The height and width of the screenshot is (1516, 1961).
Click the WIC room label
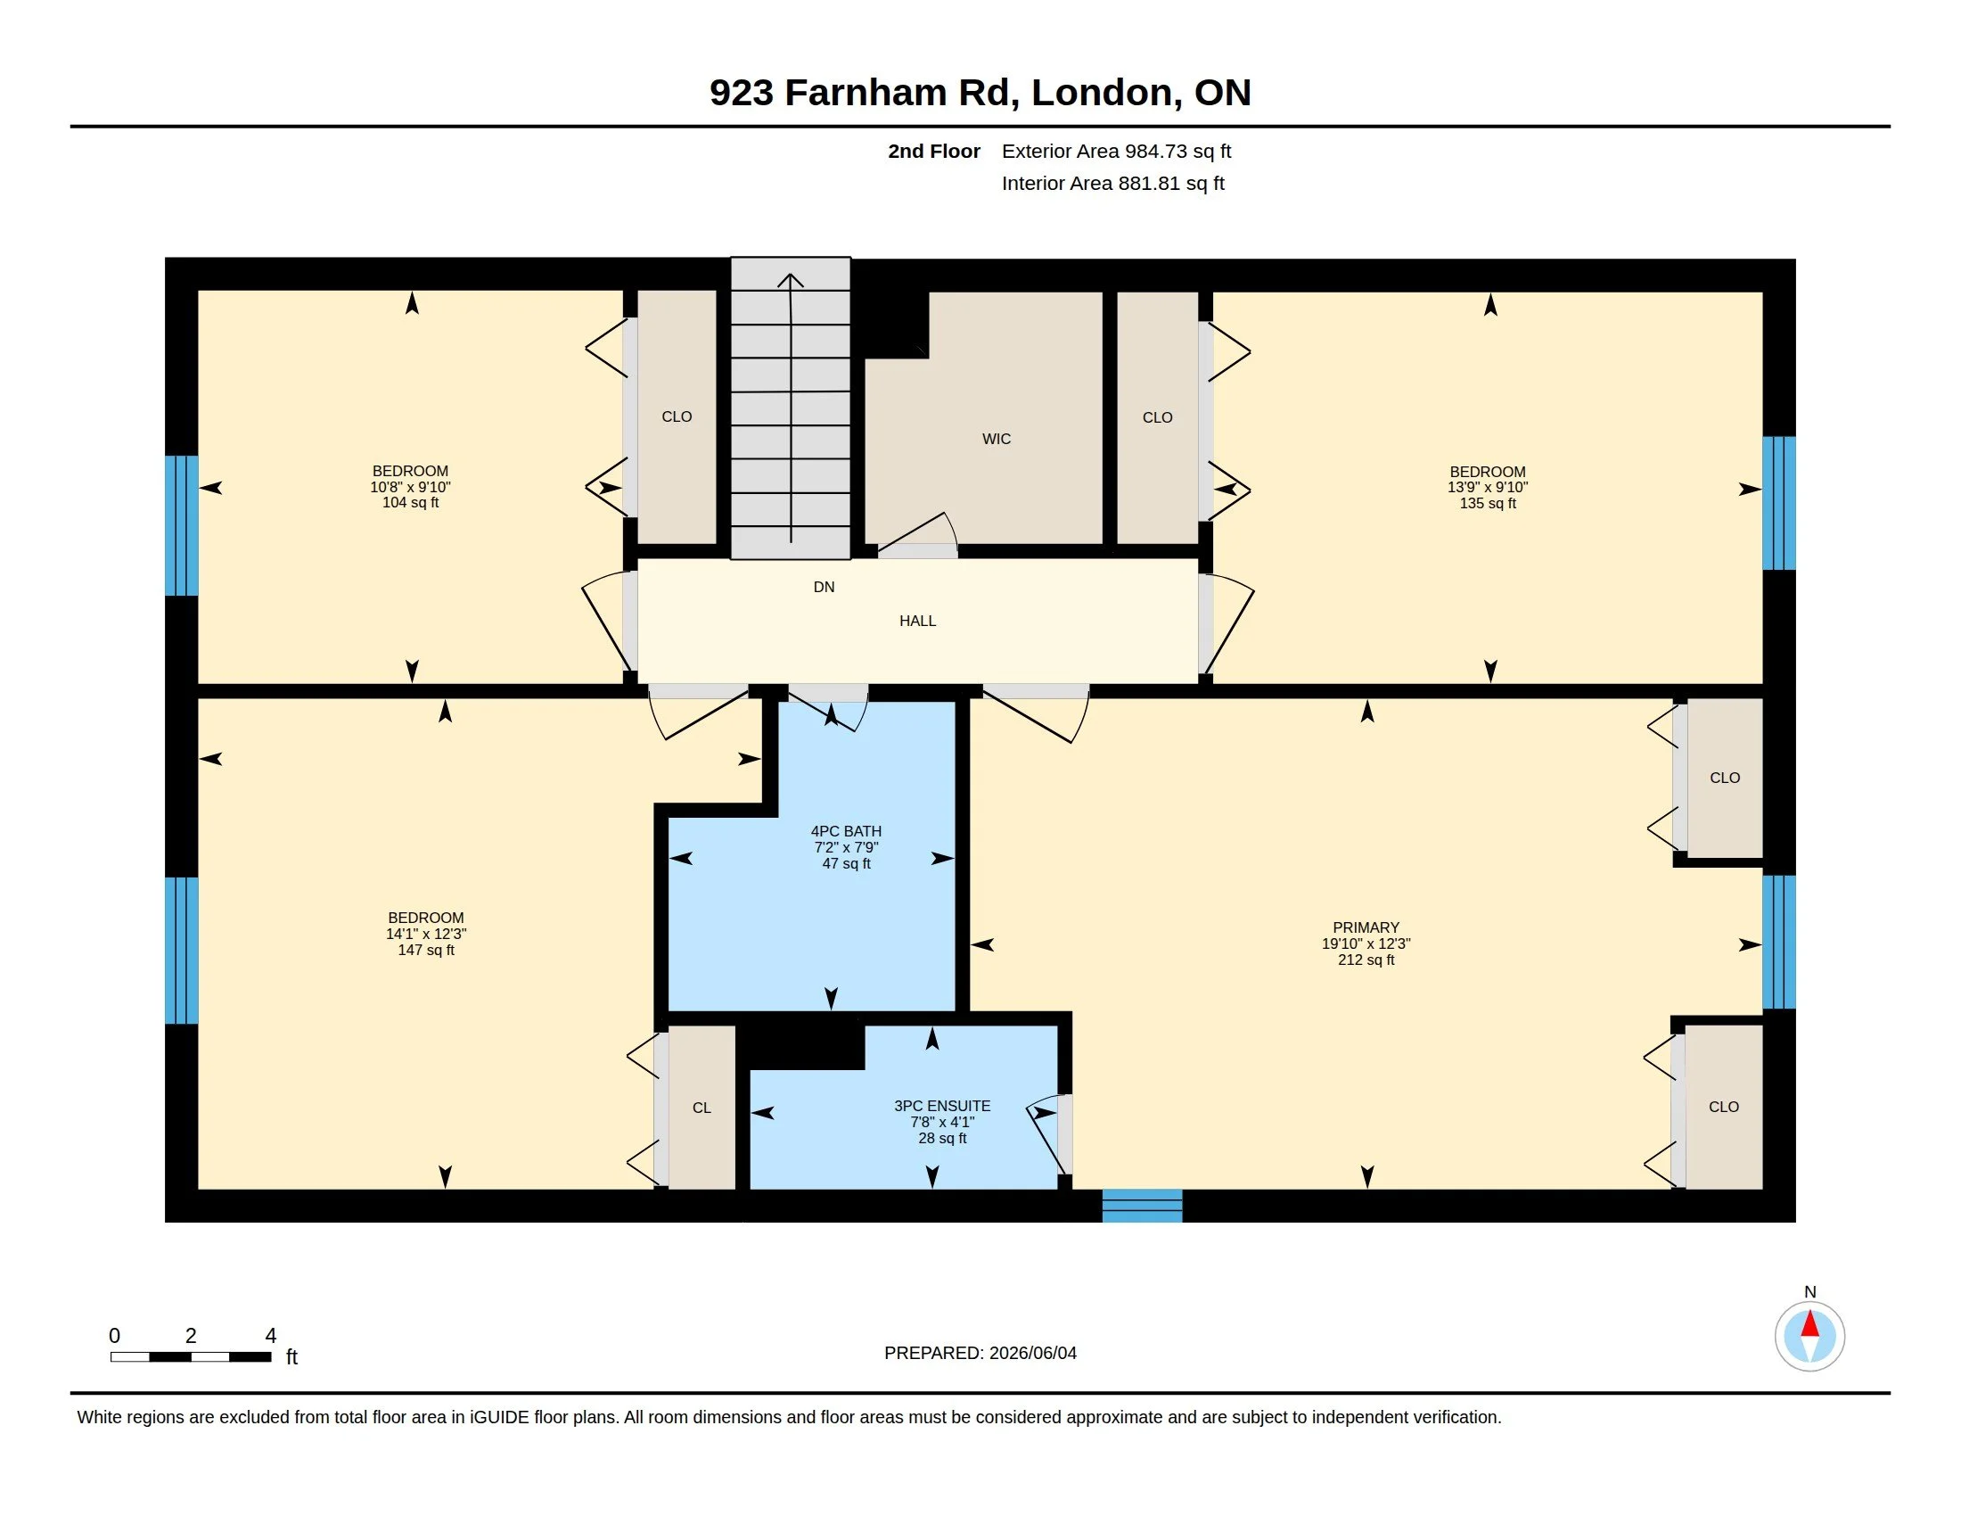pos(996,439)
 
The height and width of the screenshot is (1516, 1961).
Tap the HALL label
pos(917,621)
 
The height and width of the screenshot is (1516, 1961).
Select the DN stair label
pos(824,588)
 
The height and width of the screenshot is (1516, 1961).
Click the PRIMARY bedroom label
pos(1366,927)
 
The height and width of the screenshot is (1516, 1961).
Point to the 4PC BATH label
pos(846,832)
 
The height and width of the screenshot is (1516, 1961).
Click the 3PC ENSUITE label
pos(942,1107)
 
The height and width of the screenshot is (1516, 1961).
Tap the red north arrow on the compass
pos(1810,1323)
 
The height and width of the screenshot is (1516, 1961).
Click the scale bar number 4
pos(270,1336)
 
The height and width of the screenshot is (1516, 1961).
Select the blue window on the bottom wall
pos(1142,1206)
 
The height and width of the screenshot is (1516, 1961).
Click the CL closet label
pos(702,1108)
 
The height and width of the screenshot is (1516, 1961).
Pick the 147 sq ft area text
pos(425,951)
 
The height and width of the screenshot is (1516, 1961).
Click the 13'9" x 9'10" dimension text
pos(1487,488)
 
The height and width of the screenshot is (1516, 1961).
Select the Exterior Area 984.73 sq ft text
pos(1116,152)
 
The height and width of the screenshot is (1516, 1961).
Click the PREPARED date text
pos(980,1354)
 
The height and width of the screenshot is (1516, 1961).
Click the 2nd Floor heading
pos(934,152)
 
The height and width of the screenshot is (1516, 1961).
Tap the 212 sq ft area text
pos(1366,960)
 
